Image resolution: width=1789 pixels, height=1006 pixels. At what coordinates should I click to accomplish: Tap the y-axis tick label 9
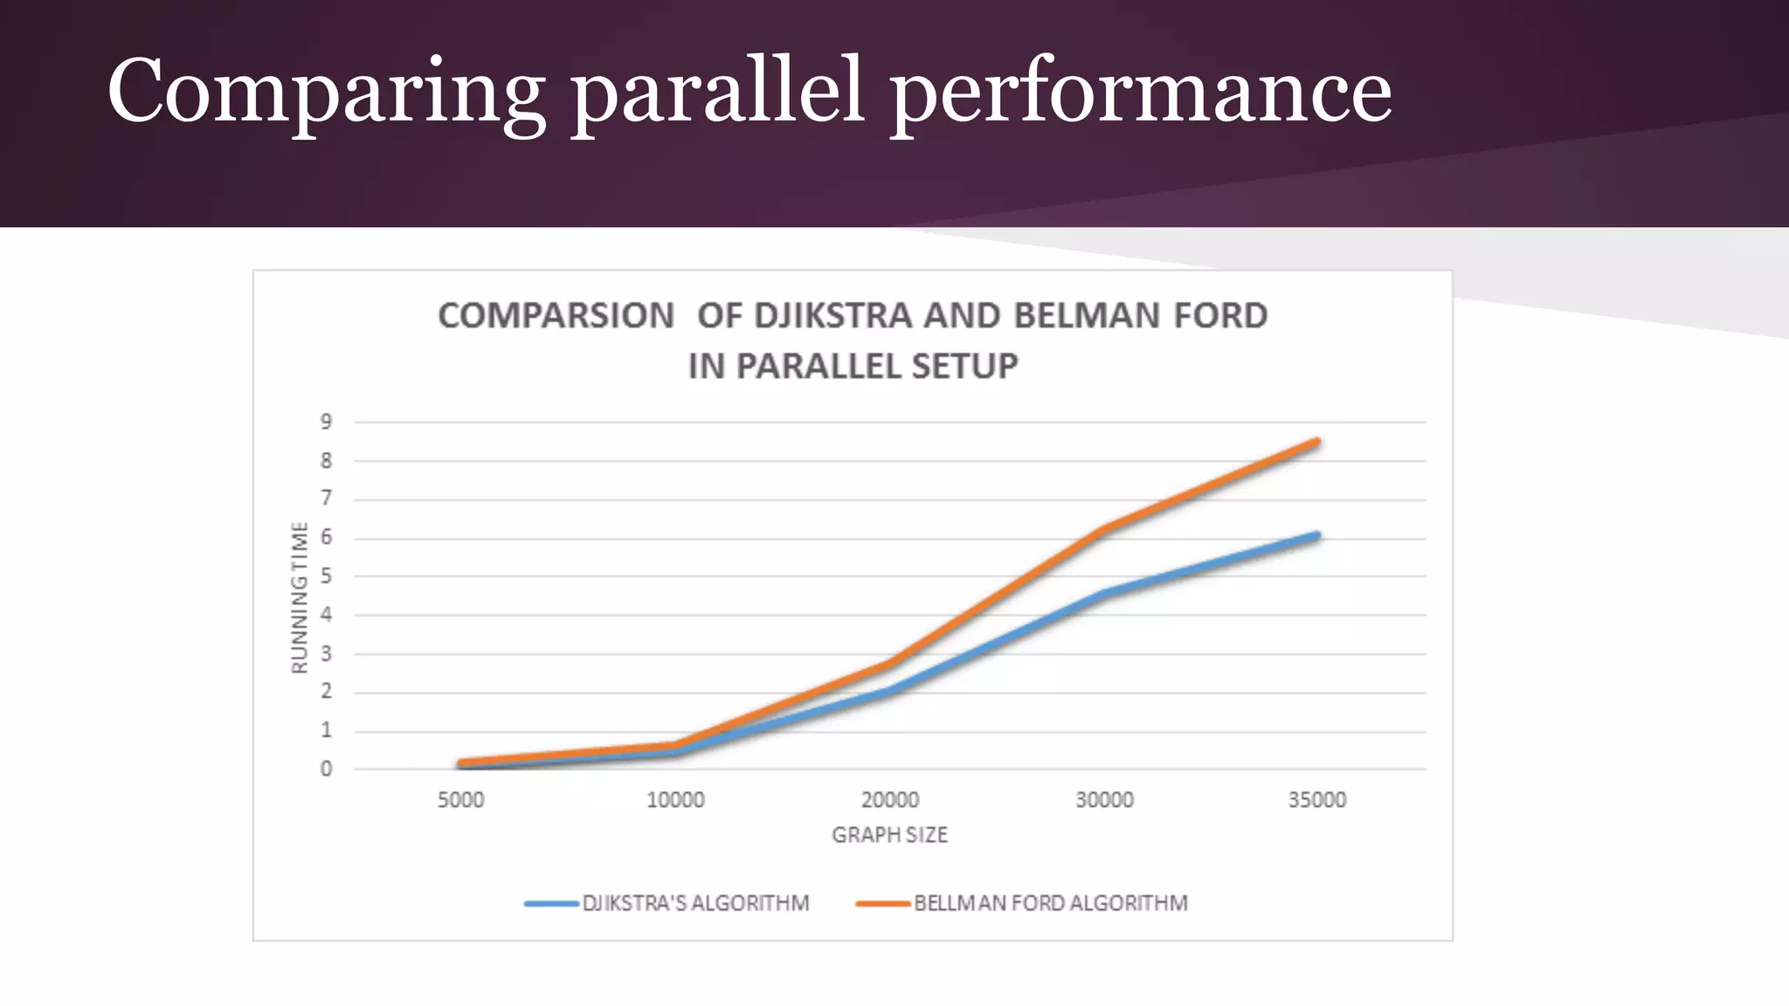click(x=327, y=422)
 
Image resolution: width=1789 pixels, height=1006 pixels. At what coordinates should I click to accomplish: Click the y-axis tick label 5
click(x=327, y=576)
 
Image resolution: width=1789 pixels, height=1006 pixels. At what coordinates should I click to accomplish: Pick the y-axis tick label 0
click(x=327, y=769)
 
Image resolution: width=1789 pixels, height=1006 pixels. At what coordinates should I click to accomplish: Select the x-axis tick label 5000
click(x=460, y=800)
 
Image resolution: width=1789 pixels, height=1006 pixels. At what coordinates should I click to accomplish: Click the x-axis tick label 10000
click(x=675, y=800)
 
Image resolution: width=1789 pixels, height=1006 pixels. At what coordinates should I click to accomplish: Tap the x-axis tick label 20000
click(x=890, y=800)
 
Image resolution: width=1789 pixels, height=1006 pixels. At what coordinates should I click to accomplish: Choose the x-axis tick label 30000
click(x=1104, y=800)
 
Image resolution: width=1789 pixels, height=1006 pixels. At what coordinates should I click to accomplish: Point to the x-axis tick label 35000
click(x=1317, y=800)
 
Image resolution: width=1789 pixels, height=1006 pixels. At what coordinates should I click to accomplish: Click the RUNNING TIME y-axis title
click(x=300, y=598)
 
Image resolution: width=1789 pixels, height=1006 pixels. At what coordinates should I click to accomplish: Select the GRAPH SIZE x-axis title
click(x=889, y=836)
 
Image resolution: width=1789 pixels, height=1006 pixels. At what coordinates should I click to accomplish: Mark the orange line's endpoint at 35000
click(x=1317, y=442)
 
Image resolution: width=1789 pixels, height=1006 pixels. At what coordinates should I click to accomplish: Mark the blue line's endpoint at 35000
click(x=1317, y=535)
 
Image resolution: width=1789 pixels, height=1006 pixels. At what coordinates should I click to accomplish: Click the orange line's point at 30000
click(x=1104, y=529)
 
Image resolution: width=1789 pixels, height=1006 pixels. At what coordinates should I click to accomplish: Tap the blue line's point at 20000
click(x=890, y=692)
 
